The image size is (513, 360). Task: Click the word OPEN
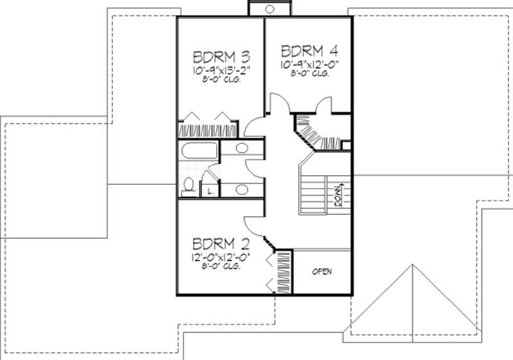click(322, 271)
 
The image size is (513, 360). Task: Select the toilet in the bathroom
click(188, 185)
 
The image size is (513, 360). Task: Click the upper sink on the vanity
click(242, 149)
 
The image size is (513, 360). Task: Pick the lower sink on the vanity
click(242, 189)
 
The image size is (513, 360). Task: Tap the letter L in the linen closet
click(210, 191)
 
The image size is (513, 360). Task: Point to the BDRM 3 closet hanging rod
click(208, 129)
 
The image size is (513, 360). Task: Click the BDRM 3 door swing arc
click(253, 126)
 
